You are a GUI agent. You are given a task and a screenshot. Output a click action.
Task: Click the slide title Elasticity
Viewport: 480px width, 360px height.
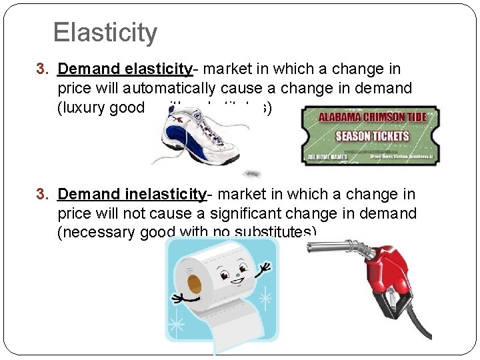click(105, 32)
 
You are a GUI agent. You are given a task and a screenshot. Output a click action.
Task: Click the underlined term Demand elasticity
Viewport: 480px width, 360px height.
click(125, 69)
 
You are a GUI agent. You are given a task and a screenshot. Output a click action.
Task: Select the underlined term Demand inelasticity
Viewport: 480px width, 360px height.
click(132, 195)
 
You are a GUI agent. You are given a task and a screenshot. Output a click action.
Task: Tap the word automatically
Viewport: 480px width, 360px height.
click(184, 89)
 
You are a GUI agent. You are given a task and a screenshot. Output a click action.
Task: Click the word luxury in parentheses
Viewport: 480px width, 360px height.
click(85, 108)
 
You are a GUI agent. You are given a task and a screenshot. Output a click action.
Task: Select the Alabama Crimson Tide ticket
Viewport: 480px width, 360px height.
click(369, 135)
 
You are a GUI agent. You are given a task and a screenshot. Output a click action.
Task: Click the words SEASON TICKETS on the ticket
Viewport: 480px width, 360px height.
click(372, 136)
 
